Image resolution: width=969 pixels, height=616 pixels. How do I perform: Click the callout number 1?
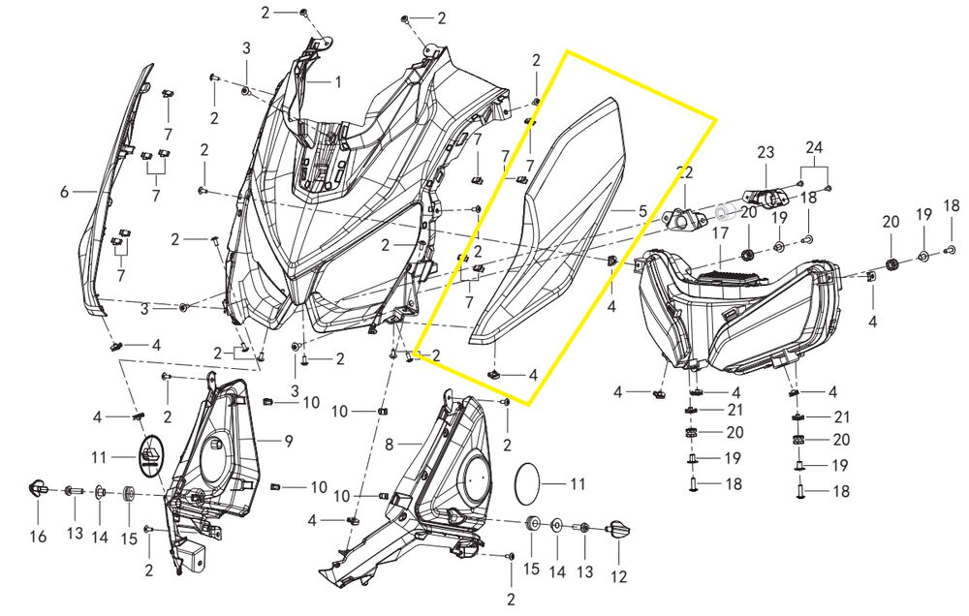tap(338, 81)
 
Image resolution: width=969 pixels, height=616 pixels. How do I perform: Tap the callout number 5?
tap(642, 211)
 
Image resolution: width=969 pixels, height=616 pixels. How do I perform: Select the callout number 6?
tap(64, 192)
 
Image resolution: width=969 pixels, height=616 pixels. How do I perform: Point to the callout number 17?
tap(721, 233)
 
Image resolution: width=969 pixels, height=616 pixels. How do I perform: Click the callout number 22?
tap(685, 172)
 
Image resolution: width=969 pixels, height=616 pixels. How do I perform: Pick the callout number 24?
tap(814, 147)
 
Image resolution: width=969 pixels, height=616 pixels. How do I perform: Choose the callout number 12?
tap(618, 576)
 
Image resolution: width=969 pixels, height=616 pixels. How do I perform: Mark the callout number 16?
tap(38, 536)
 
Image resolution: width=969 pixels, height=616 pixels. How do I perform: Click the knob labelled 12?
tap(620, 530)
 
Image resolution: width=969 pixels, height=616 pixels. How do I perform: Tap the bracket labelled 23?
tap(766, 195)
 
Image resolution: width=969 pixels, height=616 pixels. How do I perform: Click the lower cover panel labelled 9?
tap(210, 470)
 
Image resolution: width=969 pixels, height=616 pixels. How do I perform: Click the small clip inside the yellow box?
tap(494, 373)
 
